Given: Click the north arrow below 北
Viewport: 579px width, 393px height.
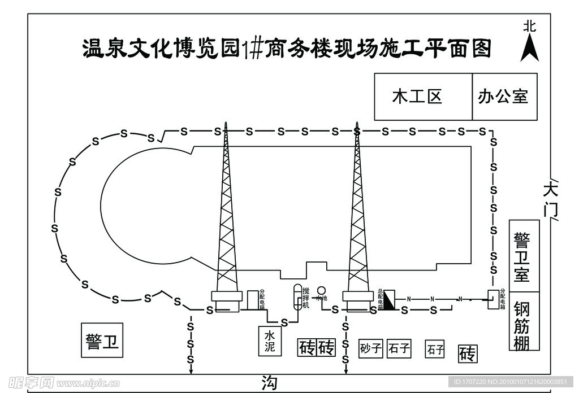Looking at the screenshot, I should coord(529,49).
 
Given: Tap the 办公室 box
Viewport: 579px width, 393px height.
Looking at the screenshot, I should coord(504,97).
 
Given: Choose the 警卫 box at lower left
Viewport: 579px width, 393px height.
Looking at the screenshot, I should coord(102,340).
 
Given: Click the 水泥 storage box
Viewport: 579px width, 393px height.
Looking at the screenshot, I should coord(270,340).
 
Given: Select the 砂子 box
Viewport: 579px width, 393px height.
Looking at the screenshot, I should coord(371,348).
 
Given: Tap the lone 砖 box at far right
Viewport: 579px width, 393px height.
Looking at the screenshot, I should coord(468,354).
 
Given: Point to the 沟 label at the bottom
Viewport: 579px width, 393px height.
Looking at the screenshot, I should coord(270,383).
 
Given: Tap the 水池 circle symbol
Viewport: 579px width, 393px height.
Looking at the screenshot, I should coord(321,291).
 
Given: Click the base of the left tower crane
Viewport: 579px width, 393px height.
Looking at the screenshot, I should coord(226,296).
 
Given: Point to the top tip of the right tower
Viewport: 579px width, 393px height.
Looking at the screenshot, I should coord(357,123).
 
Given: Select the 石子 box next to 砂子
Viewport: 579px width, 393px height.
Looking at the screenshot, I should coord(399,348).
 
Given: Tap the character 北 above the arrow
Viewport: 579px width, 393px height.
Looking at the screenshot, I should coord(529,26).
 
